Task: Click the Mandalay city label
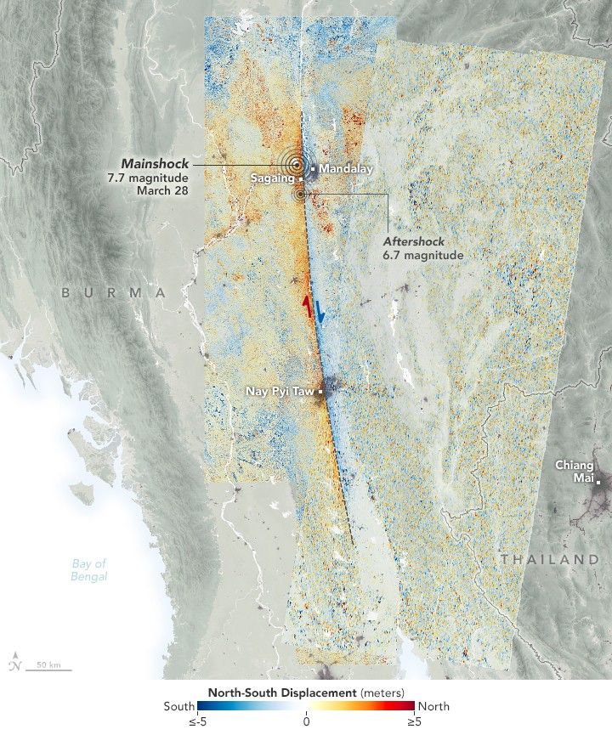click(x=346, y=168)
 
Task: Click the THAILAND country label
click(x=549, y=559)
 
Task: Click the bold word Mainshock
click(x=155, y=163)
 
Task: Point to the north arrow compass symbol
click(x=16, y=663)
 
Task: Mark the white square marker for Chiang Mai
click(x=598, y=483)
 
